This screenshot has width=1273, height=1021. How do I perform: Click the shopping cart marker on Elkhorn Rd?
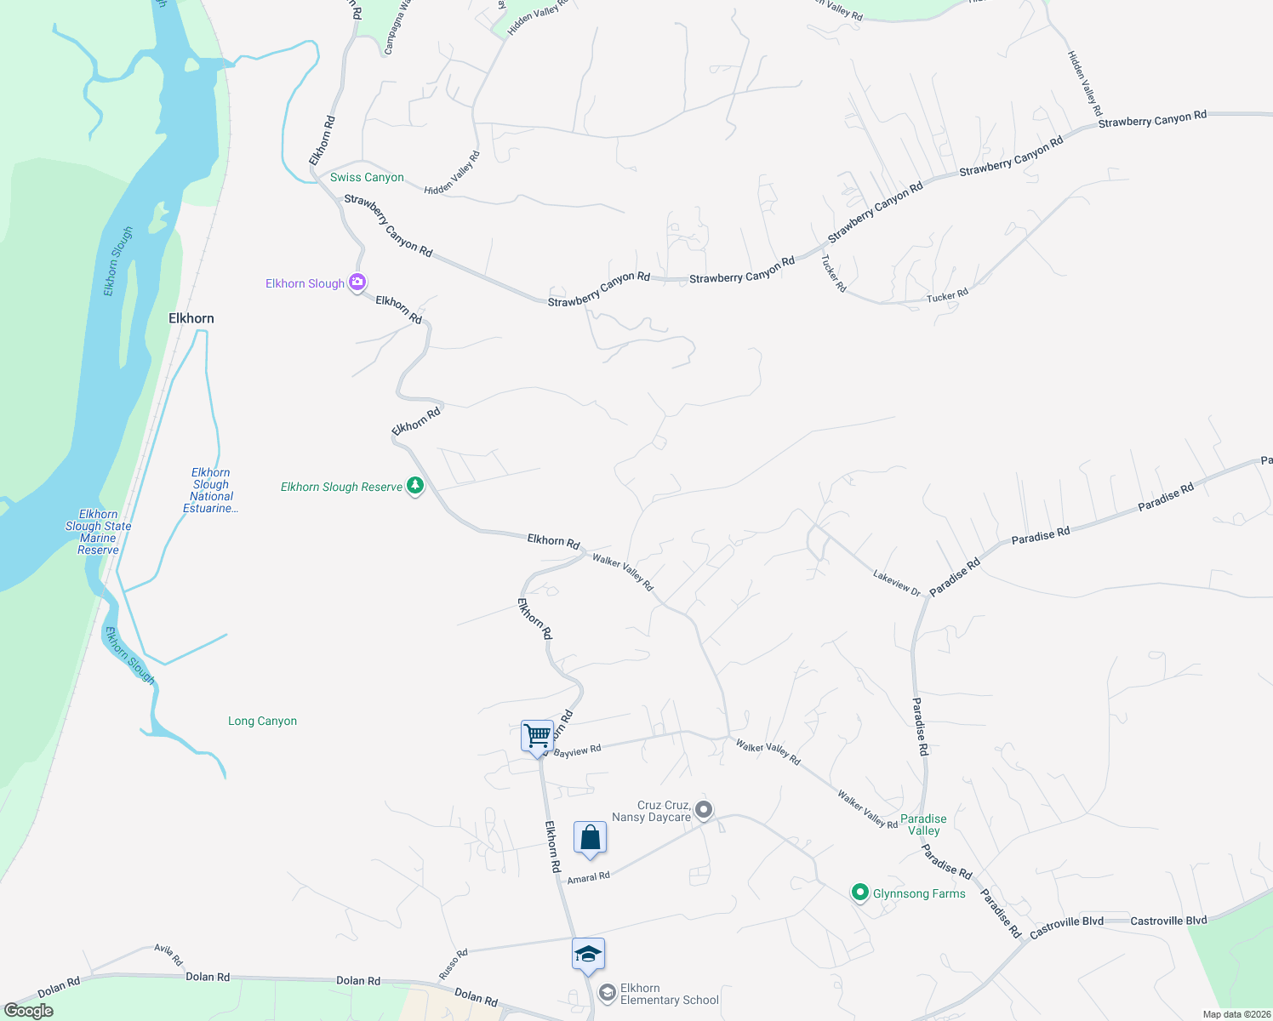(537, 736)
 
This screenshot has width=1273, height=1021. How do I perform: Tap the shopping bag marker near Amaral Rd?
(590, 838)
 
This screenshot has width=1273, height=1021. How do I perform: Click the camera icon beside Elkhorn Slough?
(357, 282)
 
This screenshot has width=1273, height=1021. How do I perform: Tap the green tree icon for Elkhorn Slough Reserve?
(415, 486)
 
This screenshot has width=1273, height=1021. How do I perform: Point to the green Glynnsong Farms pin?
(860, 893)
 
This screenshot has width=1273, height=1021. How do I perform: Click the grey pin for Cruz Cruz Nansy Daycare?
(704, 810)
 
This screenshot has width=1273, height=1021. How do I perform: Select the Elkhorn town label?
(191, 318)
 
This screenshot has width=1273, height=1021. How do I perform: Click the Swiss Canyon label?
(367, 177)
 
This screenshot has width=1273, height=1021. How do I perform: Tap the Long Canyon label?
(262, 721)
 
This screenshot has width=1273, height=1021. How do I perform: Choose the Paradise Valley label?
(923, 824)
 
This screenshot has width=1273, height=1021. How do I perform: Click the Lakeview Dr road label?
(897, 583)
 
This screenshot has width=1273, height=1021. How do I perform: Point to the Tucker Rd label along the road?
(947, 296)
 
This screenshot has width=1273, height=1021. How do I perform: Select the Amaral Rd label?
(588, 877)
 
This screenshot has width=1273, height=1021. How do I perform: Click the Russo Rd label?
(454, 963)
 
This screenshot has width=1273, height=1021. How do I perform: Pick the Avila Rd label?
(168, 955)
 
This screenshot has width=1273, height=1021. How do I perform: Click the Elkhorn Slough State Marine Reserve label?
(99, 532)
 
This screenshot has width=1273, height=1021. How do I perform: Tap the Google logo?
(29, 1011)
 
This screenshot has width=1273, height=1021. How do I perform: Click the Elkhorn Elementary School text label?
(669, 994)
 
